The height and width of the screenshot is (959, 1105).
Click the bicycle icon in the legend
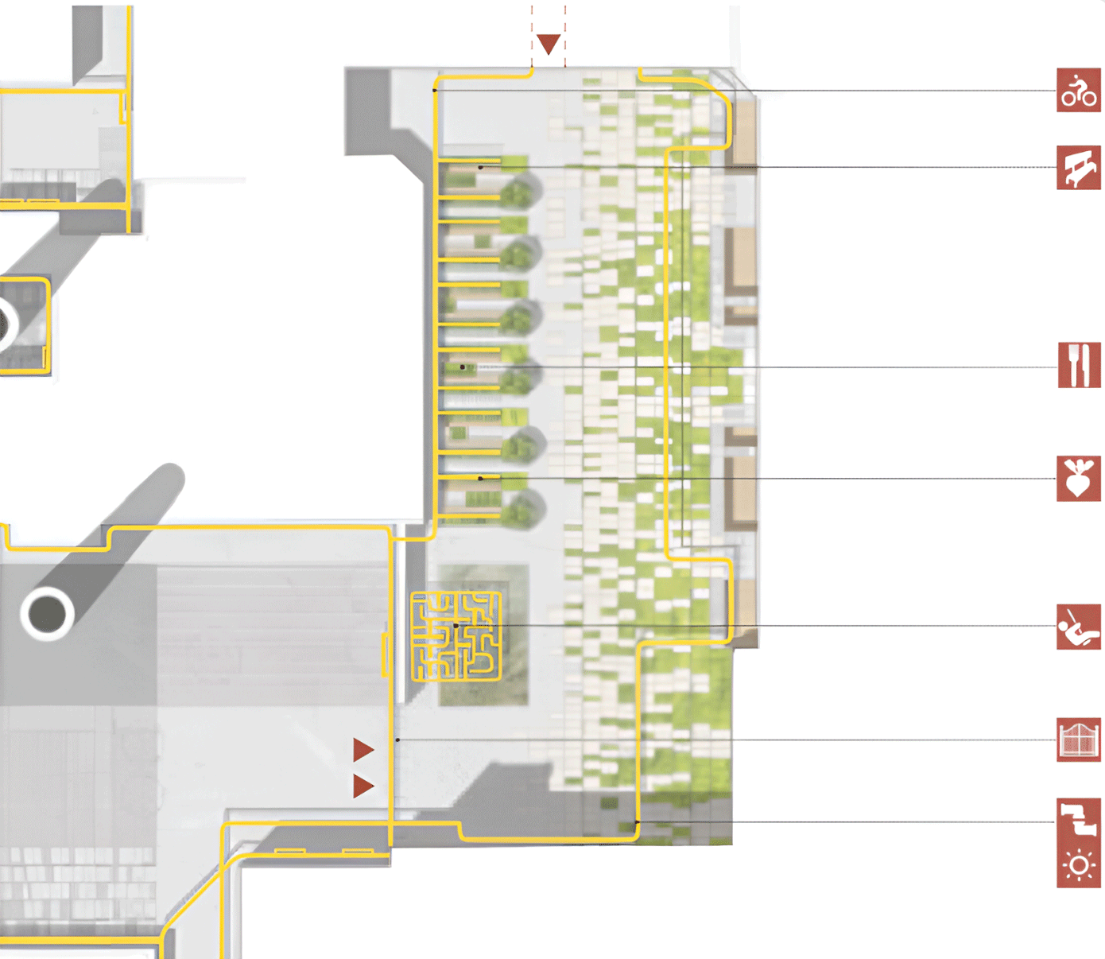pos(1079,90)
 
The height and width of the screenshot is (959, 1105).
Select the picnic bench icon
pos(1079,167)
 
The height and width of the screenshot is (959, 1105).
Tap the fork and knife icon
pos(1079,365)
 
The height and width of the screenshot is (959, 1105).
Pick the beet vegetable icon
pos(1079,479)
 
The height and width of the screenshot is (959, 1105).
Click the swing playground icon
pos(1079,627)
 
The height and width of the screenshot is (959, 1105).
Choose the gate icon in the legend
pos(1079,740)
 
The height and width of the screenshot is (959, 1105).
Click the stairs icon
pos(1079,820)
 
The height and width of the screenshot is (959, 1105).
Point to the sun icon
pos(1079,865)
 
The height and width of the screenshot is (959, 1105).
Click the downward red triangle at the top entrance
pos(549,43)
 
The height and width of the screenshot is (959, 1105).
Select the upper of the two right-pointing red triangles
pos(363,749)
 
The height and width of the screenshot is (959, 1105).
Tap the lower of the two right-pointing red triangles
pos(363,786)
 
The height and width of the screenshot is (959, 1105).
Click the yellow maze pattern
pos(456,636)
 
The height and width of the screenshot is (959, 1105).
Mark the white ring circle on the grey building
pos(48,613)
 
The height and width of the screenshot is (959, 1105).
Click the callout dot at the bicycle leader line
pos(434,91)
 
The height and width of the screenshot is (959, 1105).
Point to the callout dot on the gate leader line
pos(397,740)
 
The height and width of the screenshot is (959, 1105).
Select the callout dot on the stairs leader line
pos(637,822)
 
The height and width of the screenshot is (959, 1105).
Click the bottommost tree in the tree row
pos(521,509)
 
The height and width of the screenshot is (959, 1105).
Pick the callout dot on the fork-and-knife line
pos(463,367)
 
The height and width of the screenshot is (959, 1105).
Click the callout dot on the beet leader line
pos(480,479)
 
